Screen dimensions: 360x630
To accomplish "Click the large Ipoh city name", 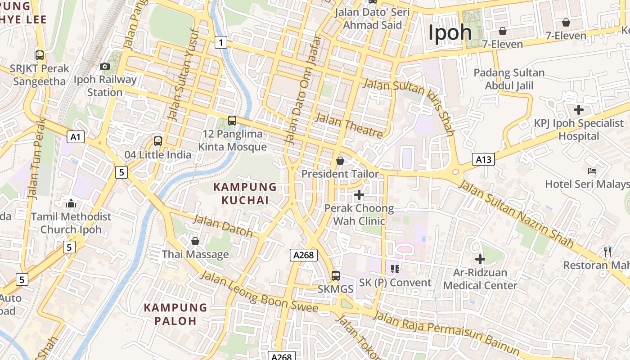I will coord(450,33).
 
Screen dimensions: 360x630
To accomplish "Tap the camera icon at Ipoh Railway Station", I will coord(105,67).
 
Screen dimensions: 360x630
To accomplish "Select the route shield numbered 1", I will coord(220,42).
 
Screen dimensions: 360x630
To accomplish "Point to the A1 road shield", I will coord(76,137).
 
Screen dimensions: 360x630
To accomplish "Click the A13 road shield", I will coord(483,159).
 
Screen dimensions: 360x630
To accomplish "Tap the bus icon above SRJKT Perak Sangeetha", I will coord(40,55).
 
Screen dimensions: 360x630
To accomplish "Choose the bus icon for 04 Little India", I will coord(158,141).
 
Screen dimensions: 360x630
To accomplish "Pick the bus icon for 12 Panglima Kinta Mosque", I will coord(232,121).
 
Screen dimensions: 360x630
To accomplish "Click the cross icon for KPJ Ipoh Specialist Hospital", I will coord(579,110).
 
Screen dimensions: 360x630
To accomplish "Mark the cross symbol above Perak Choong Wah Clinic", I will coord(359,195).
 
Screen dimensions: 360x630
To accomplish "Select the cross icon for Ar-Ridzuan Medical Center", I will coord(480,259).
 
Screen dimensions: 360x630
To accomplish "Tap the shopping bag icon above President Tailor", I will coord(340,161).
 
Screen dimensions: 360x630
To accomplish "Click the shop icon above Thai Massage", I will coord(195,242).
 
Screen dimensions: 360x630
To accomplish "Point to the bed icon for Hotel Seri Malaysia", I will coord(592,171).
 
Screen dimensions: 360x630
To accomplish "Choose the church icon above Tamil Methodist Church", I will coord(71,203).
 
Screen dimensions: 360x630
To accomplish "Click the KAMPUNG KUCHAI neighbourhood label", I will coord(245,193).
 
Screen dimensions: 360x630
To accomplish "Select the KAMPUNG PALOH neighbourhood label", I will coord(175,314).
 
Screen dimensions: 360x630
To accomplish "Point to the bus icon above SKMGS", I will coord(336,275).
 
